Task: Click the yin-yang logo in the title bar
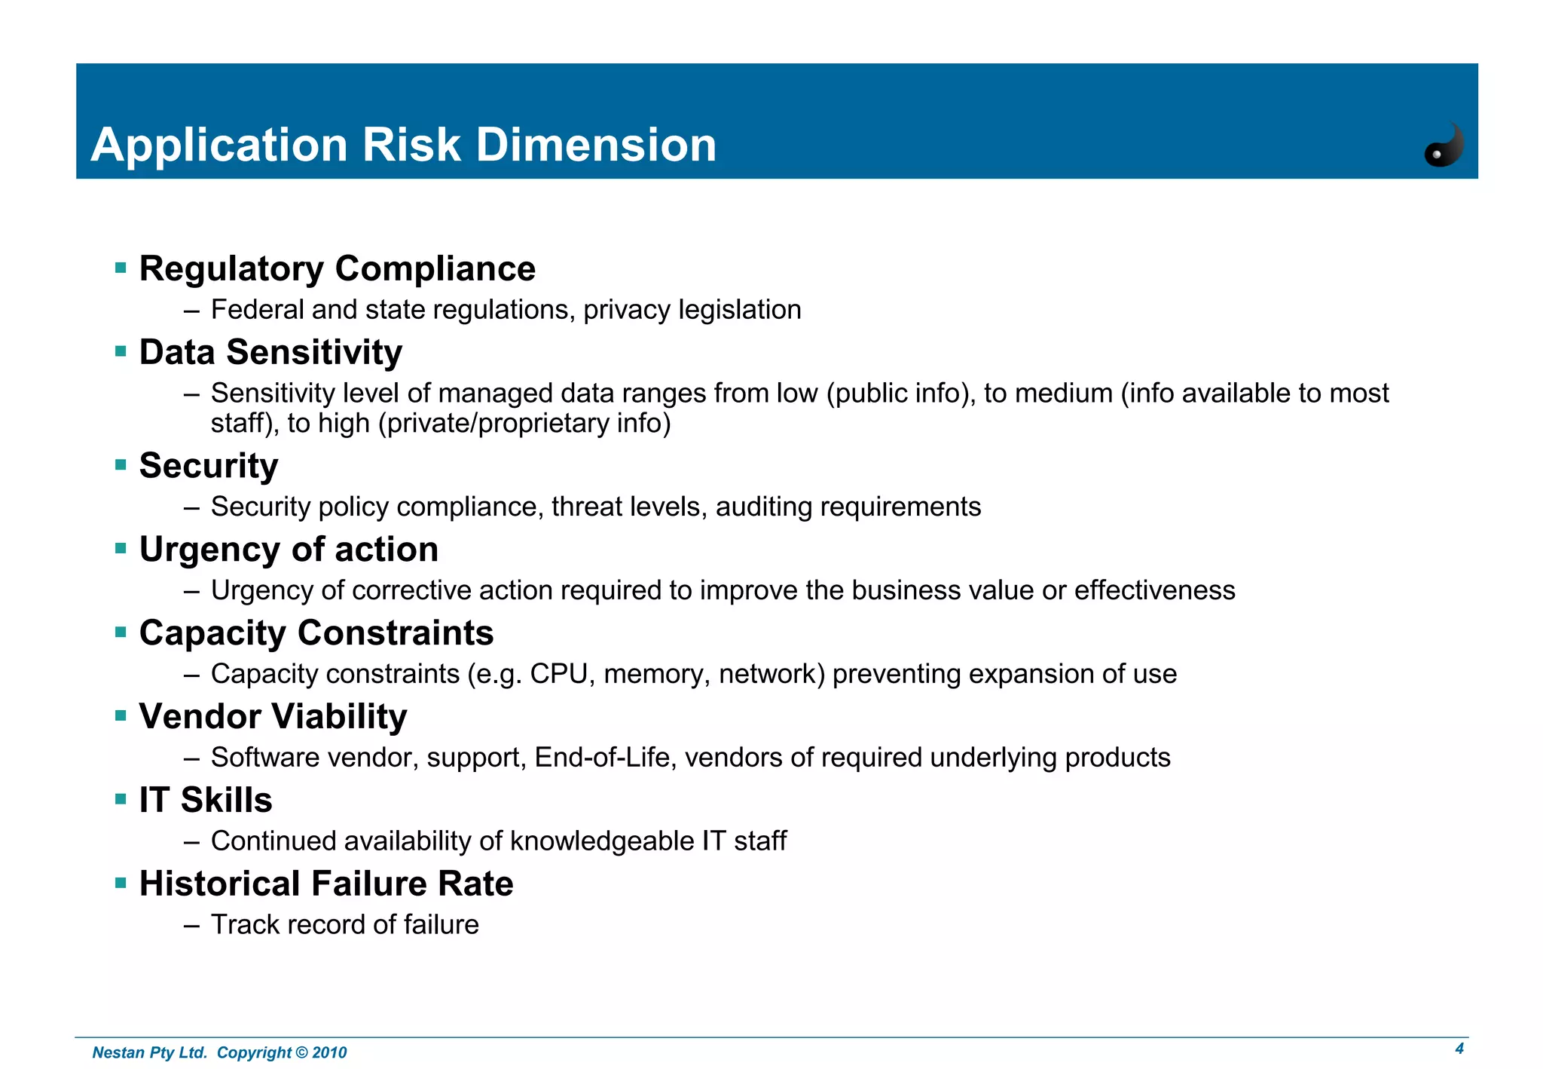tap(1444, 145)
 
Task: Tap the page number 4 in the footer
tap(1459, 1049)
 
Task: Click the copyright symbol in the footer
tap(301, 1053)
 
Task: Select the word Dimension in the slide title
tap(596, 145)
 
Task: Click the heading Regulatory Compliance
tap(337, 269)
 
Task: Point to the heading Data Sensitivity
tap(270, 353)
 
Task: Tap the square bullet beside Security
tap(121, 465)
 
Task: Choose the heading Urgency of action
tap(289, 550)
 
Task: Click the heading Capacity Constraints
tap(316, 633)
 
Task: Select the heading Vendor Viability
tap(273, 717)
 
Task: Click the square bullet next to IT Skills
tap(121, 799)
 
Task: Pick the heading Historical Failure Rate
tap(326, 884)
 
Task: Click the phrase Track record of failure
tap(344, 925)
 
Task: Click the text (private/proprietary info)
tap(524, 424)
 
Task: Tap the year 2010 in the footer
tap(329, 1053)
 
